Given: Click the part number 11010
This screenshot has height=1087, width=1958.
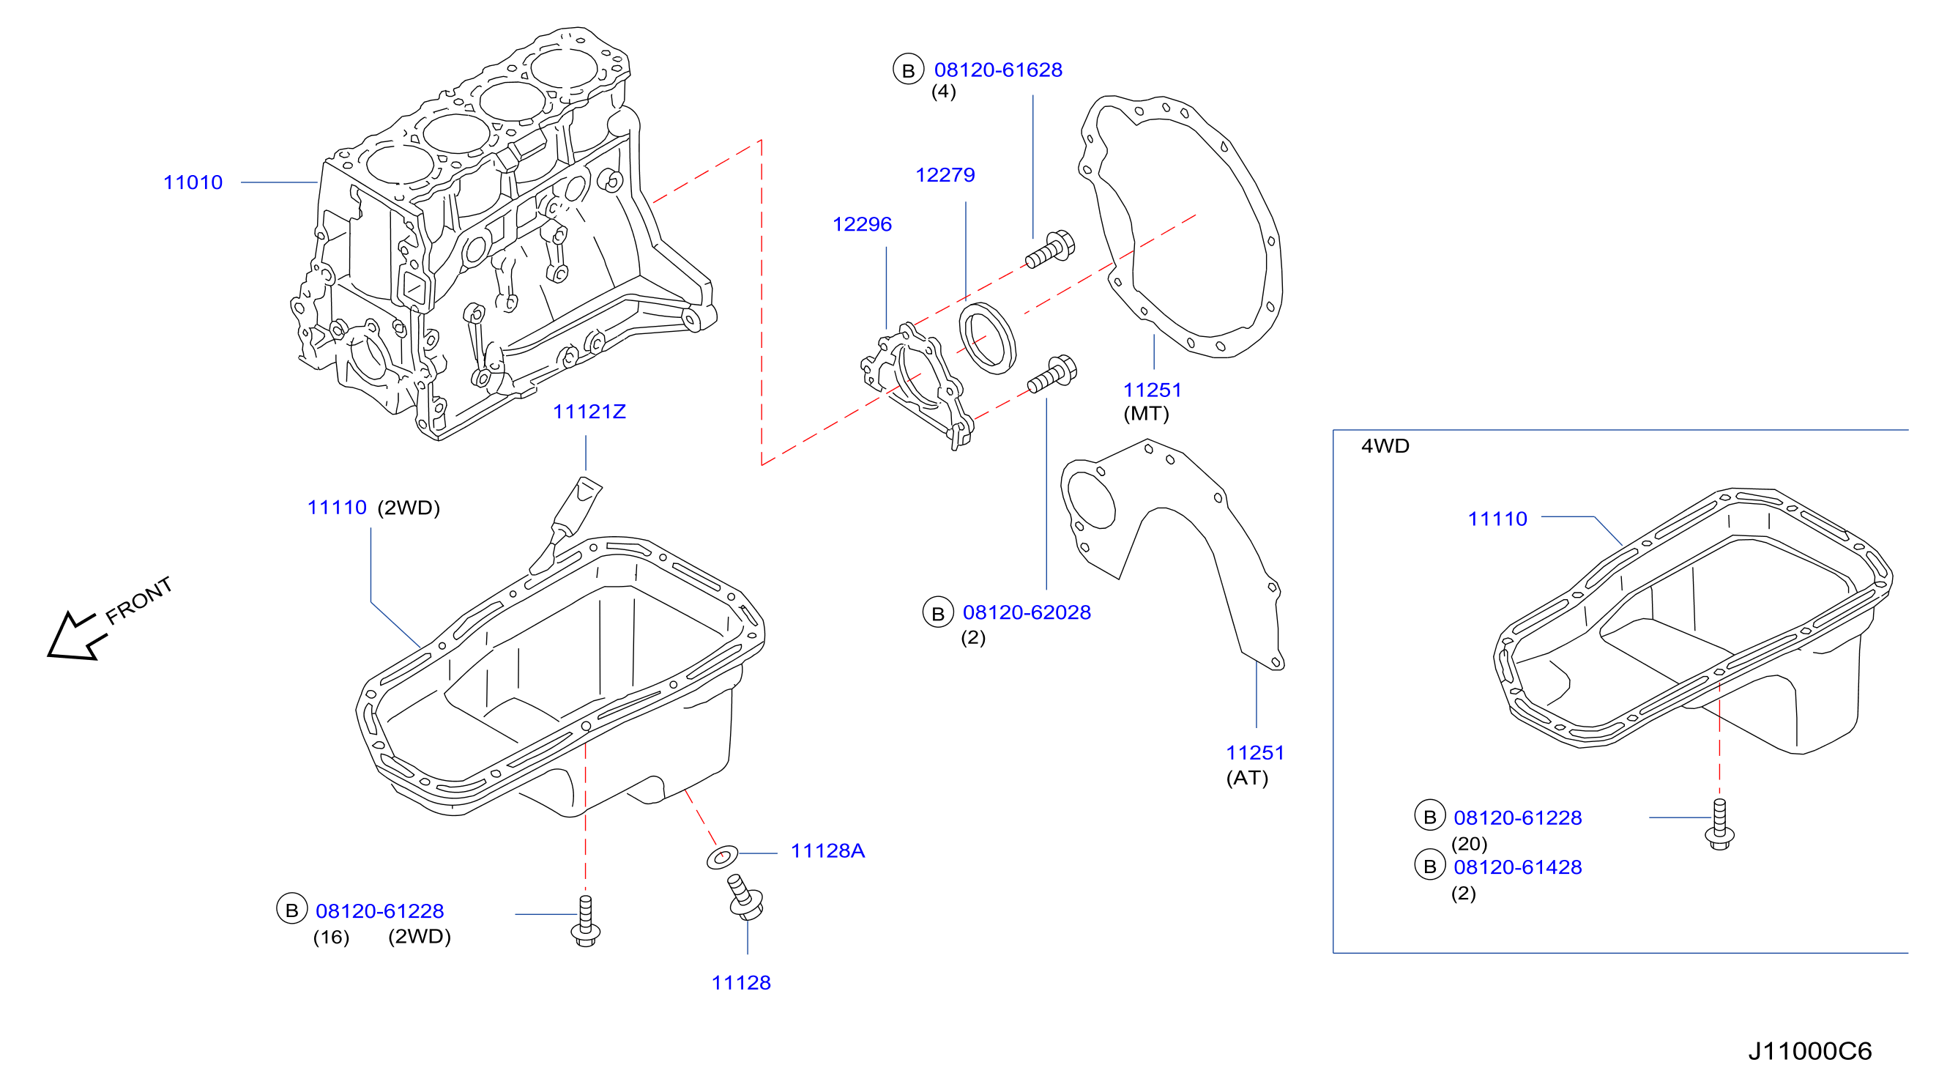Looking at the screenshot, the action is [193, 182].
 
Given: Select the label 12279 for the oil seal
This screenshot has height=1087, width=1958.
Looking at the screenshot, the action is [945, 175].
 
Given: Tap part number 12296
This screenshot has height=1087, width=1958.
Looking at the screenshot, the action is [862, 224].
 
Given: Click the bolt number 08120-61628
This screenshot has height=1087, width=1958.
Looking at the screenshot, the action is [998, 70].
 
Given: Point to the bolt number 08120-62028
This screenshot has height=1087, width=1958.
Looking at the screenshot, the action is [1026, 612].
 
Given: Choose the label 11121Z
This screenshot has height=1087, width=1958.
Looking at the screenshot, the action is [589, 411].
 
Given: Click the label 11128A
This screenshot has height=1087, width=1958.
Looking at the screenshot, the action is [827, 850].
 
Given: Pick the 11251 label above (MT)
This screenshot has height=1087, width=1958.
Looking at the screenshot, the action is [1153, 390].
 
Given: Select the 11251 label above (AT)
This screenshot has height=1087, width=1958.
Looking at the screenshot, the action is [1255, 752].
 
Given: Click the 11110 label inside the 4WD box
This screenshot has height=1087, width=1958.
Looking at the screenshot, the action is [1497, 519].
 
